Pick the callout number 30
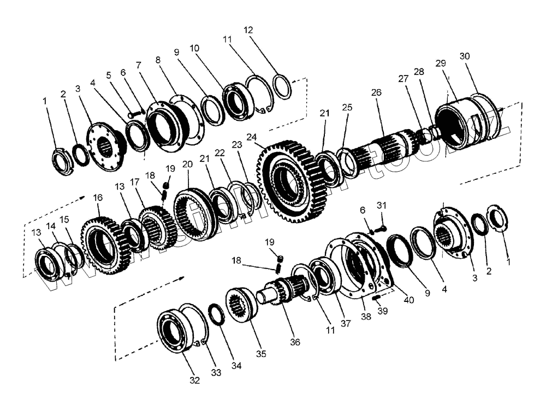[x=465, y=56]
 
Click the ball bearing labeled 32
[x=178, y=333]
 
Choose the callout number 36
[x=295, y=343]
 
